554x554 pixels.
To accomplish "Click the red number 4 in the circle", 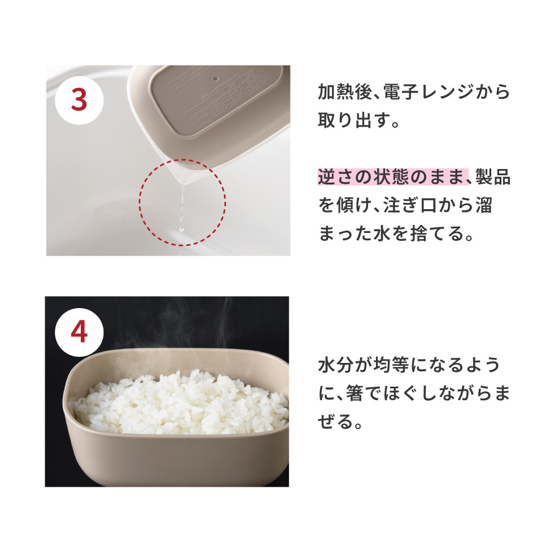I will [x=79, y=332].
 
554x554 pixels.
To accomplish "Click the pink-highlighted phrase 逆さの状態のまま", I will [x=392, y=177].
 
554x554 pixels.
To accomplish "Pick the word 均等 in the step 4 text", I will [x=390, y=365].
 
